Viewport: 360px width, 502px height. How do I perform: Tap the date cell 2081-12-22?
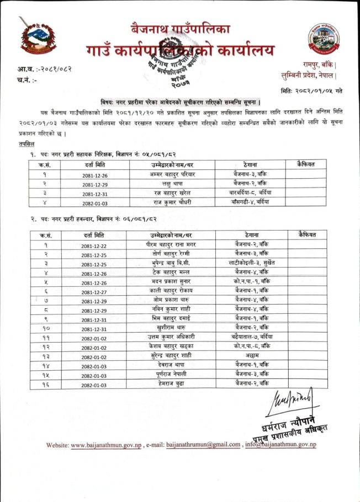pyautogui.click(x=93, y=245)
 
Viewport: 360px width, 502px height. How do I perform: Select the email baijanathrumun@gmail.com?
pyautogui.click(x=204, y=445)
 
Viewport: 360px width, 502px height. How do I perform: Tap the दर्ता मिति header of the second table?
pyautogui.click(x=93, y=235)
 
